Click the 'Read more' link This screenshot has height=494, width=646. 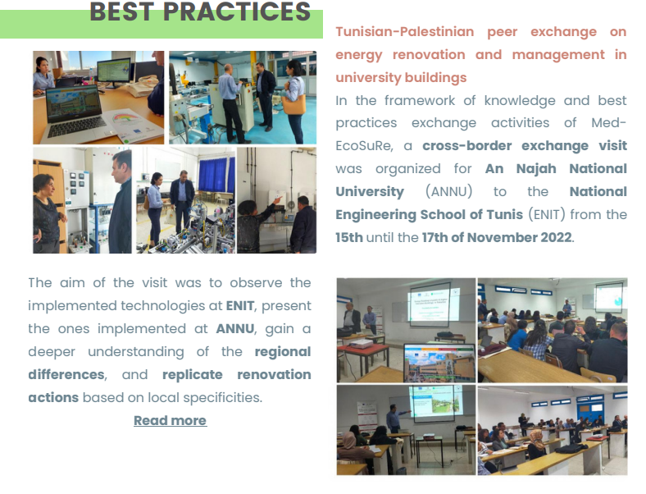pos(171,421)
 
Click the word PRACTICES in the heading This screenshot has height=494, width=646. pos(236,11)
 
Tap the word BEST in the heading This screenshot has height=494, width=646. pos(122,11)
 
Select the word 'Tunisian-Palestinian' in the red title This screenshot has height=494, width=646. pos(405,32)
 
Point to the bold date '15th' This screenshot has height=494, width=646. pos(349,237)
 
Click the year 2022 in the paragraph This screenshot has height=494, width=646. pos(556,237)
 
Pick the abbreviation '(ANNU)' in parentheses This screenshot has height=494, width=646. pos(449,192)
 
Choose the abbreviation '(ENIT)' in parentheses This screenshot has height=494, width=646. pos(547,215)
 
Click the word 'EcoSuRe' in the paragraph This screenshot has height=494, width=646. pos(364,146)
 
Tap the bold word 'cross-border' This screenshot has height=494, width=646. pos(467,146)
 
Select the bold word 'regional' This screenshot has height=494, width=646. pos(283,352)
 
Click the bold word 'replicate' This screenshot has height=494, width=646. pos(193,375)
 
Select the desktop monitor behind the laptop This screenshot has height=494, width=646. pos(114,71)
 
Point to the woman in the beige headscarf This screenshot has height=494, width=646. pos(535,443)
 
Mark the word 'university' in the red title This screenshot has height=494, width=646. pos(369,78)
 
